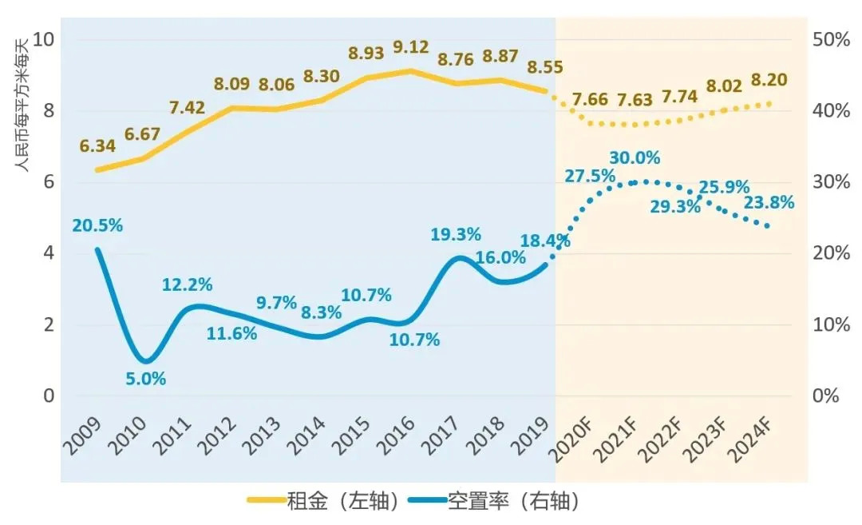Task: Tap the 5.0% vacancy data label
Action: [146, 379]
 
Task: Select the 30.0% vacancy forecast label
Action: [635, 158]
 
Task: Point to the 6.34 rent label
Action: [97, 146]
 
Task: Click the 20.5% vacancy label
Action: [97, 225]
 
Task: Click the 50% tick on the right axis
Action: [831, 39]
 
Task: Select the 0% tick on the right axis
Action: [826, 396]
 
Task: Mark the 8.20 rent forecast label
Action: [770, 80]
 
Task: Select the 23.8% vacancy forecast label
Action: [769, 203]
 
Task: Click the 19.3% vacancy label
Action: [456, 235]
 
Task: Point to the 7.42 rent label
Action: [188, 108]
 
